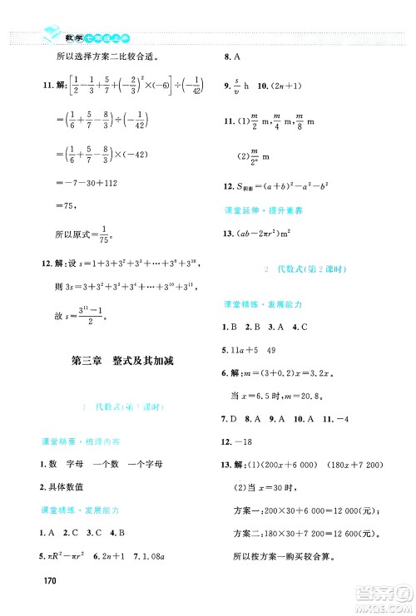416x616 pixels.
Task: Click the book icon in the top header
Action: click(x=50, y=34)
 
